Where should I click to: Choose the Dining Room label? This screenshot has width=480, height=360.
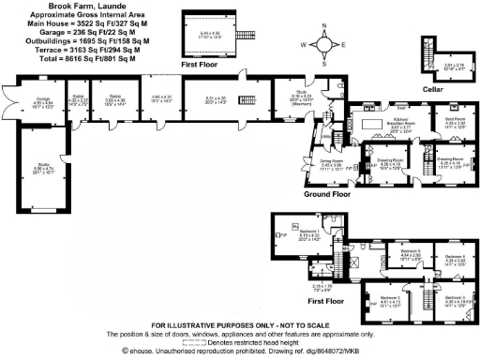[330, 160]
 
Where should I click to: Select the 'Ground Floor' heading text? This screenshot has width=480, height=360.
[326, 196]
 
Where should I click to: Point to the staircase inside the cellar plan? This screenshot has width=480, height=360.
[428, 53]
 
